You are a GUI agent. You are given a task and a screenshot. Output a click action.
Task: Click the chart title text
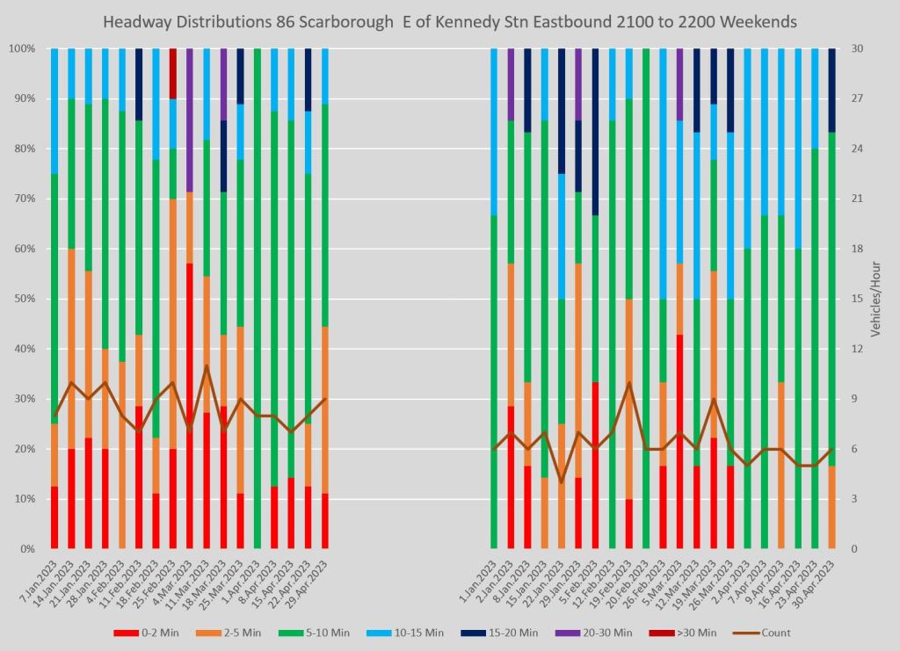449,21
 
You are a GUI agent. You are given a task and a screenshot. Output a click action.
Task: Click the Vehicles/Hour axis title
875,299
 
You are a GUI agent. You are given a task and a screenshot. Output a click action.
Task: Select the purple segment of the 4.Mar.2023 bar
190,119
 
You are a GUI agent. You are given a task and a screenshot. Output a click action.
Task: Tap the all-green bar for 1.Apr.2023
258,299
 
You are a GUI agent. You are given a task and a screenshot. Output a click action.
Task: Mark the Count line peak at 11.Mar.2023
207,365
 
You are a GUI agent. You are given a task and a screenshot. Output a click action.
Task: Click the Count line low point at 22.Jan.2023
562,482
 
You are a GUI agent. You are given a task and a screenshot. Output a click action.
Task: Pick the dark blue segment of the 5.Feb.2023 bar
595,132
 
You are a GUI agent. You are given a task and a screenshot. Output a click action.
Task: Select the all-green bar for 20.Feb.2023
646,299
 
